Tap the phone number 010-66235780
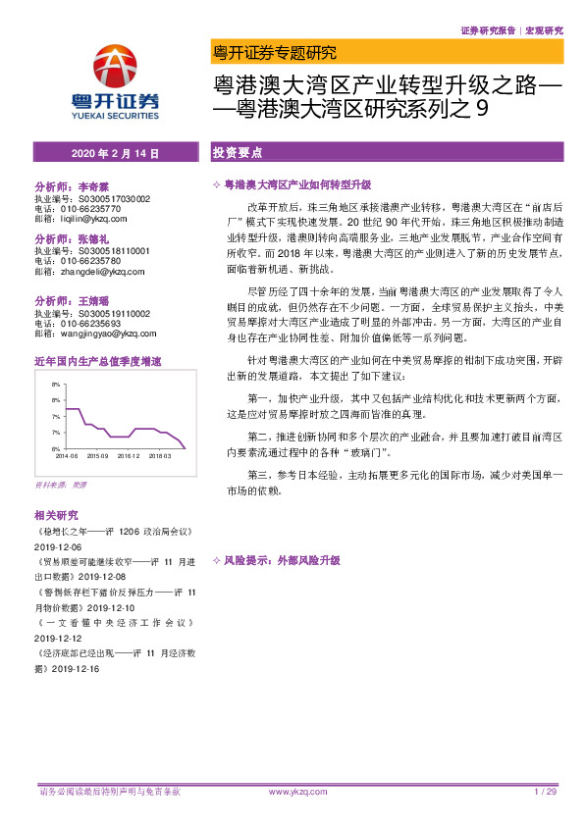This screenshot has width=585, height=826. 87,261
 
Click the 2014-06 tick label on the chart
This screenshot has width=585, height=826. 67,455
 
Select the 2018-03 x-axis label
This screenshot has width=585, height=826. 160,455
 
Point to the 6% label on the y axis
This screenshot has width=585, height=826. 57,447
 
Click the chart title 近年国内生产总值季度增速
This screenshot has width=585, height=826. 97,362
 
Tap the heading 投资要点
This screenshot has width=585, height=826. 237,153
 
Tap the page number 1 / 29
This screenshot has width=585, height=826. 546,791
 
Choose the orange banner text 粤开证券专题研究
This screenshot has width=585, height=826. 274,52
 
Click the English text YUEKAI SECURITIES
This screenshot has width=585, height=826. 115,115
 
